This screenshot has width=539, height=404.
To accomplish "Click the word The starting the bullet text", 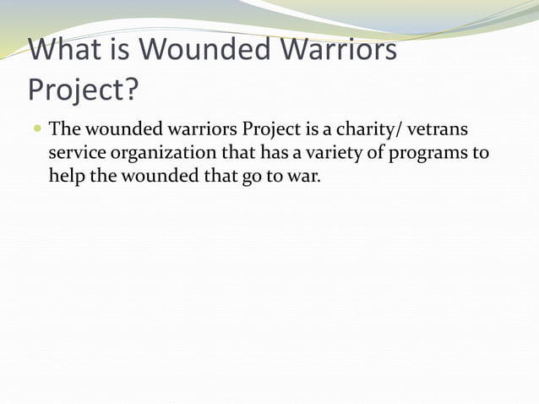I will pos(64,131).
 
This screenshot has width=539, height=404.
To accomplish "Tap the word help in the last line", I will pos(64,178).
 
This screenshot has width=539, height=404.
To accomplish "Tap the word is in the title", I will pos(123,51).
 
